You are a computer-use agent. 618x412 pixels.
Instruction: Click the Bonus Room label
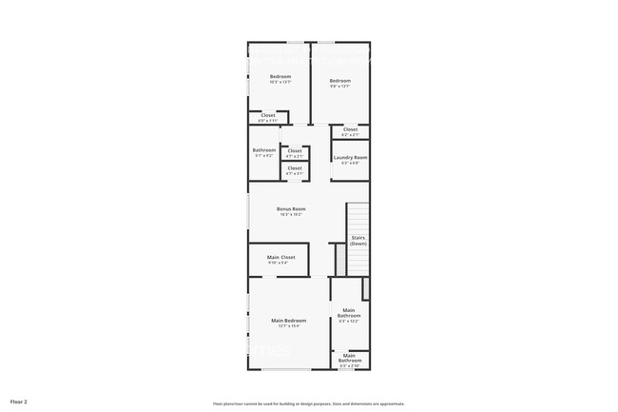291,208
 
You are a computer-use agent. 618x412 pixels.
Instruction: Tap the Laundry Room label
350,157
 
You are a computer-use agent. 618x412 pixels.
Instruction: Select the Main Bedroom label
289,320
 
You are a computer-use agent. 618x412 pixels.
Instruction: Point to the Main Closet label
280,257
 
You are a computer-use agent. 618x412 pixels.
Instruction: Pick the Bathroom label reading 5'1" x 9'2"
264,150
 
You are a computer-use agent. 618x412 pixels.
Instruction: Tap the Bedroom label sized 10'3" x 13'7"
280,76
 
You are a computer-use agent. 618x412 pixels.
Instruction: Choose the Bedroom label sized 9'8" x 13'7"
340,81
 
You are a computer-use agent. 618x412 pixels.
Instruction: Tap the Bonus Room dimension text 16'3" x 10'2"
291,215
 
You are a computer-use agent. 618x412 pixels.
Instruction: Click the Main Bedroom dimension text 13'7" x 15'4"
289,326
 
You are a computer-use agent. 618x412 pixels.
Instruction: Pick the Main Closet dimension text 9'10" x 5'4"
280,263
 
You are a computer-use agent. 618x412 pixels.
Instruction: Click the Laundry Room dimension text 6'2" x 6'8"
350,164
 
